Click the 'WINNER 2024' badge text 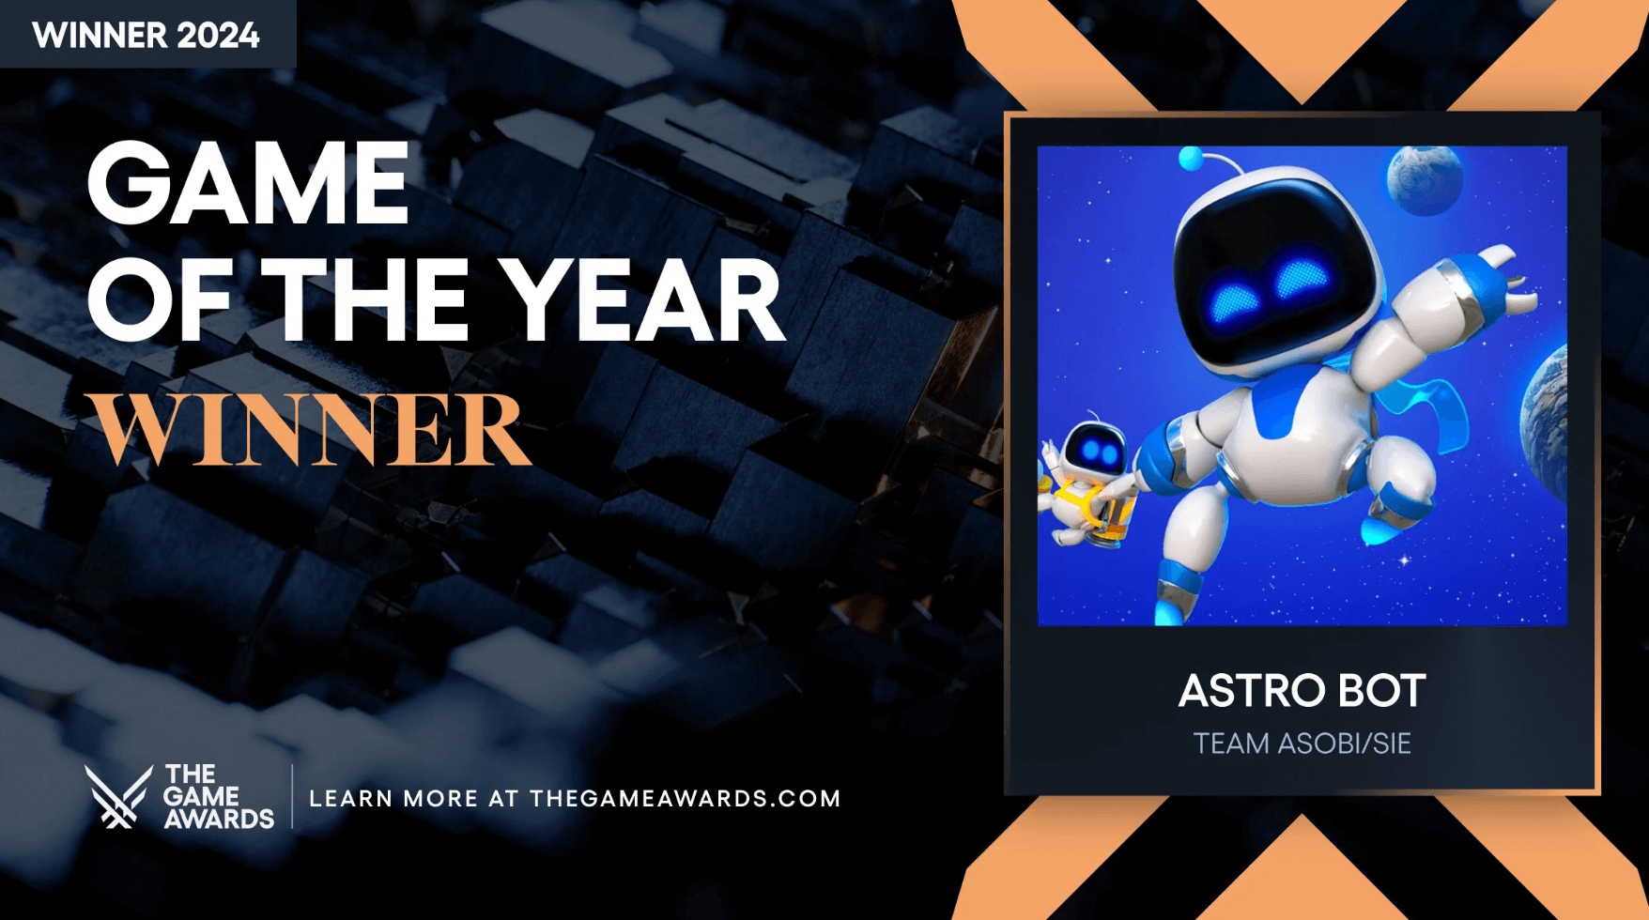pos(146,36)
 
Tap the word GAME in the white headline pos(249,183)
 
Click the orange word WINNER pos(309,429)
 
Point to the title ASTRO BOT pos(1302,691)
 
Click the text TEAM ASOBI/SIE pos(1302,744)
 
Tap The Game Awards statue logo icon pos(118,796)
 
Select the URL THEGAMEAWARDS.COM pos(686,799)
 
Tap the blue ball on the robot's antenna pos(1191,159)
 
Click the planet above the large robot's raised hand pos(1425,180)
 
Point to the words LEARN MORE pos(393,799)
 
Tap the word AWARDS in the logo pos(219,820)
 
